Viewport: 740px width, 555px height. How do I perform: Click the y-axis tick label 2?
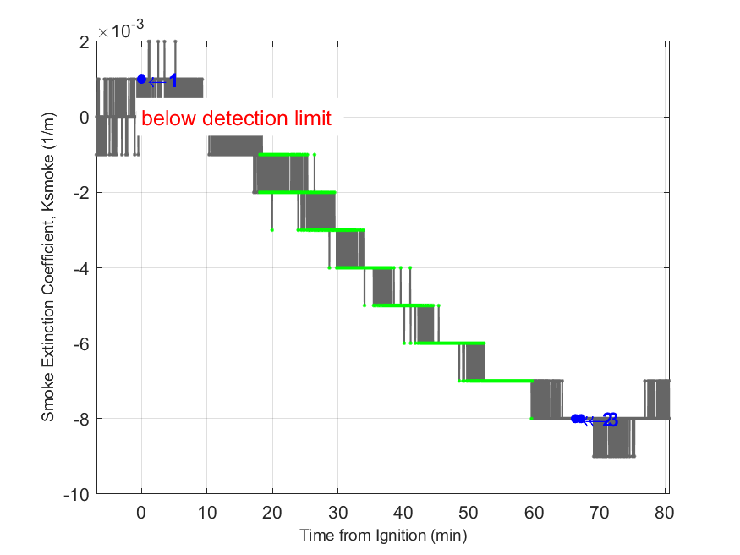click(84, 42)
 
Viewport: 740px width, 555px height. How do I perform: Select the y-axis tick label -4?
click(80, 268)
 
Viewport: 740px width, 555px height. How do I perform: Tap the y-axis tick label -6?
click(80, 343)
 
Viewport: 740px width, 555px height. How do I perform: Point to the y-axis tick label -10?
click(77, 494)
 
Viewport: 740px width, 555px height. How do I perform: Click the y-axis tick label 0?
click(84, 118)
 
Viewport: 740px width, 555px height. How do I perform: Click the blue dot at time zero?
click(141, 80)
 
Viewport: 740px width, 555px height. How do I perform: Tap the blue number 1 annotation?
click(173, 81)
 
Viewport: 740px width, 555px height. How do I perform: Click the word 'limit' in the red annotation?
click(310, 118)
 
